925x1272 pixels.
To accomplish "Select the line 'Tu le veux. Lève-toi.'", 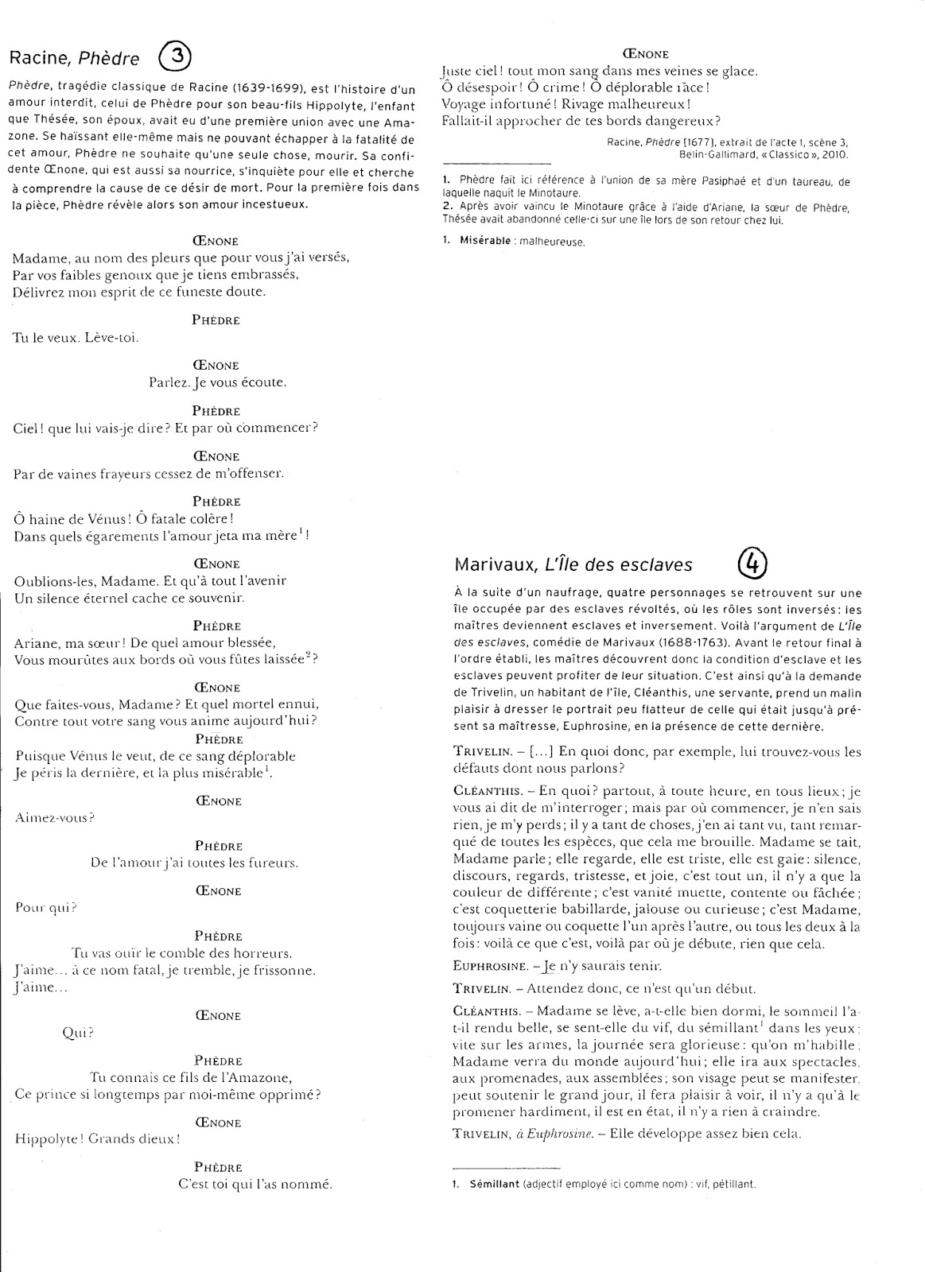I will [x=76, y=337].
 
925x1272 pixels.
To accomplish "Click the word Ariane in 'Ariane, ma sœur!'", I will [x=37, y=642].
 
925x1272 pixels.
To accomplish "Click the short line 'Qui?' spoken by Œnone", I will [x=78, y=1033].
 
